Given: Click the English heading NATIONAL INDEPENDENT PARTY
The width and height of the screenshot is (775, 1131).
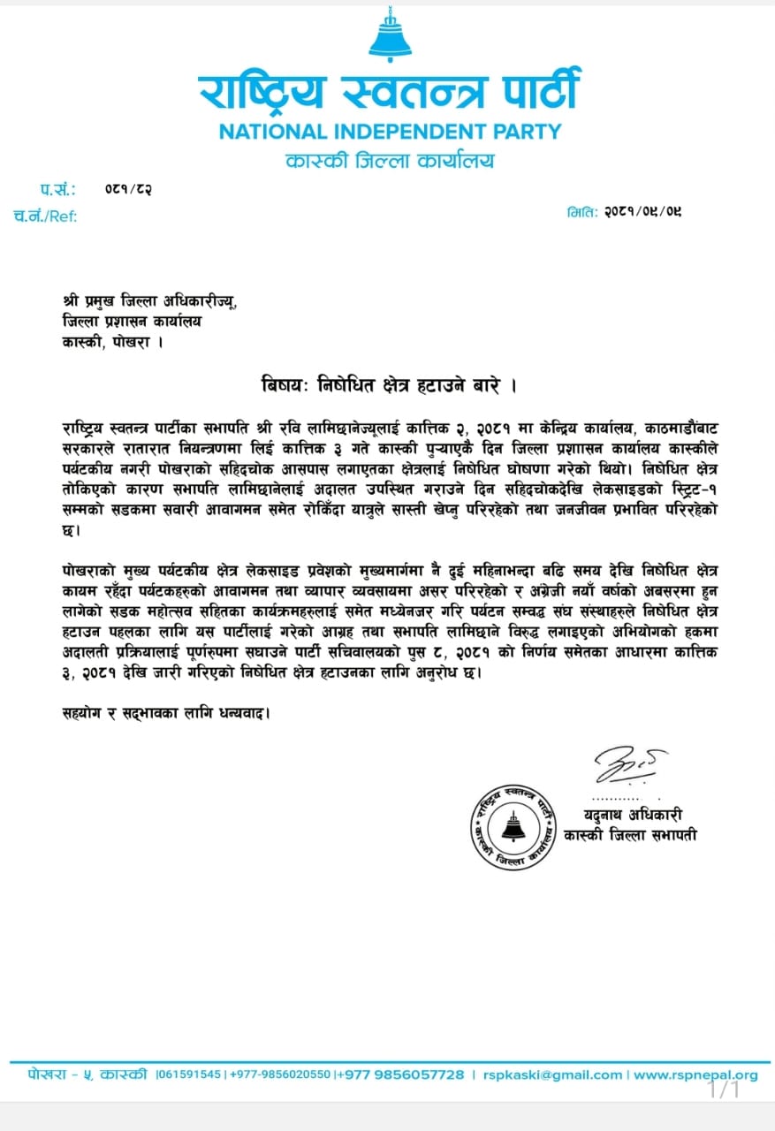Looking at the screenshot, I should coord(390,132).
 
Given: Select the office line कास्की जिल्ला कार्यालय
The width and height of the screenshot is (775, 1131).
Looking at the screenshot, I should coord(390,162).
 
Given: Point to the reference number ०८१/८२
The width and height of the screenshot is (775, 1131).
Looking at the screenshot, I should coord(127,189).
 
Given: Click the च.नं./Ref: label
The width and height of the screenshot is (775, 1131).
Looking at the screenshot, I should coord(45,216).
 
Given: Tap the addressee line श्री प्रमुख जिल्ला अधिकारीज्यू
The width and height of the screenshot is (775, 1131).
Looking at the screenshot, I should coord(149,301).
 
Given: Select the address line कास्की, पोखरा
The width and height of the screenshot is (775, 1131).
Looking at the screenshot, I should coord(114,341).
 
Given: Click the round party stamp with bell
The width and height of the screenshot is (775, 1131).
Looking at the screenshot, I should coord(513,826).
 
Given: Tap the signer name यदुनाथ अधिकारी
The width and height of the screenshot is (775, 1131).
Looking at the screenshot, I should coord(632,814).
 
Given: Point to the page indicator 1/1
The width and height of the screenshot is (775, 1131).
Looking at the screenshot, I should coord(724,1089).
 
